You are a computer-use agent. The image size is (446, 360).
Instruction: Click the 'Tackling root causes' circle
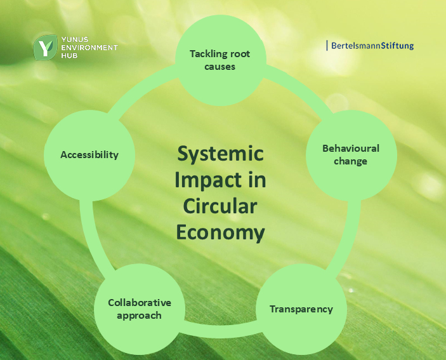tap(220, 60)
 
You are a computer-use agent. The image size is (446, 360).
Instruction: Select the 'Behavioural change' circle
tap(351, 156)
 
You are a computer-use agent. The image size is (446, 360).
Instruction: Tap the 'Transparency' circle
tap(301, 309)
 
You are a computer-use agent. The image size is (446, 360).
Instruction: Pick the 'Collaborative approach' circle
tap(140, 309)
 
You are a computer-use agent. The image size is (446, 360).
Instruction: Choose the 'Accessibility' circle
tap(89, 156)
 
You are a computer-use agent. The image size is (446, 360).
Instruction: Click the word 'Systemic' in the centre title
tap(220, 154)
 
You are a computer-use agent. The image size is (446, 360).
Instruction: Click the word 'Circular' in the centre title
tap(220, 206)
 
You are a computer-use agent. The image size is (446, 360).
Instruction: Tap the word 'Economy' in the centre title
tap(220, 233)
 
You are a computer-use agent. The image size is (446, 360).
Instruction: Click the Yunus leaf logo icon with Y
tap(45, 47)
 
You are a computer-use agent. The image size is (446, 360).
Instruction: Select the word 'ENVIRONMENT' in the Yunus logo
tap(89, 48)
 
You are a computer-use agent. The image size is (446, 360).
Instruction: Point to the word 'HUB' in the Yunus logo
tap(69, 55)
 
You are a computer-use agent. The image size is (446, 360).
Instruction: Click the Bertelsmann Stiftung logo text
tap(372, 46)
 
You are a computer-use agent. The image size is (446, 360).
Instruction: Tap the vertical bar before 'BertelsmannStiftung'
tap(327, 46)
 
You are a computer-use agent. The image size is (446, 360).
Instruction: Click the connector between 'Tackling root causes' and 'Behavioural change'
tap(301, 88)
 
